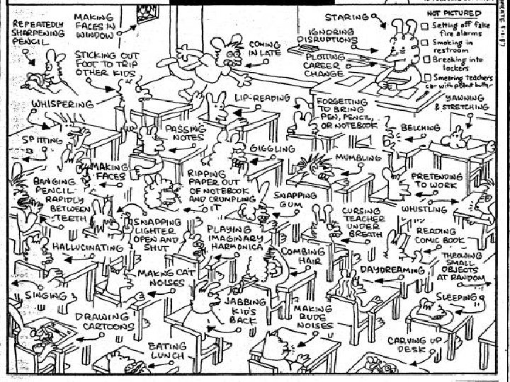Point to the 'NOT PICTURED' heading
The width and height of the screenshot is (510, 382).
tap(455, 13)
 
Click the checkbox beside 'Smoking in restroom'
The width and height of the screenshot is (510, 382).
tap(427, 44)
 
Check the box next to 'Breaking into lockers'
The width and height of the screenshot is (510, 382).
tap(427, 60)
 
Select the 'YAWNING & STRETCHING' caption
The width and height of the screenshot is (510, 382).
tap(461, 103)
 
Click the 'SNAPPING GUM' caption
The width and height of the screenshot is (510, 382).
tap(295, 199)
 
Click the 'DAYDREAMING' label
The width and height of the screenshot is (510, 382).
tap(392, 270)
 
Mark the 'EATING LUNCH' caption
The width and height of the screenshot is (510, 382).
tap(167, 351)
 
